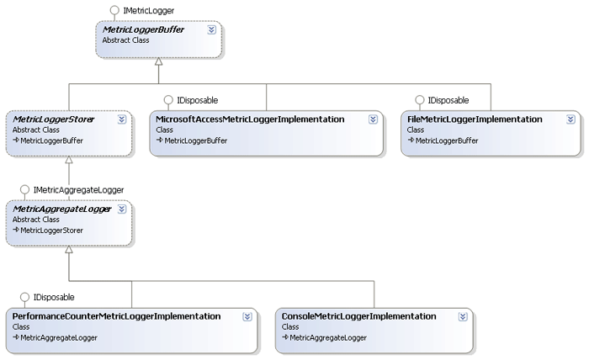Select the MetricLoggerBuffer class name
(142, 29)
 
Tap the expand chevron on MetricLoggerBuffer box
(211, 29)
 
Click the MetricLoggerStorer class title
(53, 119)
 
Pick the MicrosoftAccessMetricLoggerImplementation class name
(250, 119)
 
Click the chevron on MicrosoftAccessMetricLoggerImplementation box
(373, 120)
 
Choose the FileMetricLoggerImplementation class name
(475, 119)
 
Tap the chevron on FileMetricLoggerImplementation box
(569, 120)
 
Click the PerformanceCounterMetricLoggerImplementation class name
(117, 316)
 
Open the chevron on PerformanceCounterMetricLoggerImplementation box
(247, 317)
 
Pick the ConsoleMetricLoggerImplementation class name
(359, 316)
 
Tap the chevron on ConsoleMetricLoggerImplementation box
(462, 317)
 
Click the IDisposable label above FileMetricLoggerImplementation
(448, 99)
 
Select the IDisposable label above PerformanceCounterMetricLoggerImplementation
(54, 297)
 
